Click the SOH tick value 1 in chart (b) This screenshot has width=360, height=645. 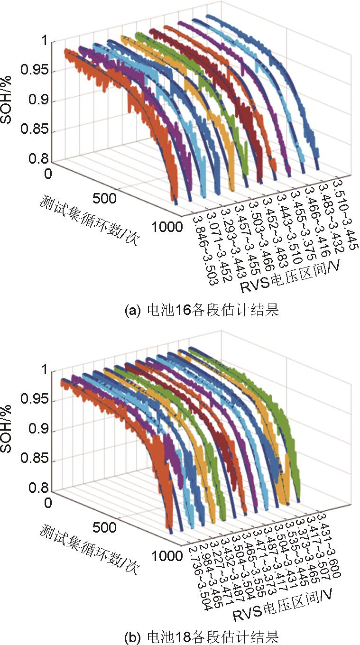tap(44, 370)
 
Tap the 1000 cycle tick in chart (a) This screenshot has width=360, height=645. tap(167, 226)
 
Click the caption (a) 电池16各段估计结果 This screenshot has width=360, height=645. tap(201, 311)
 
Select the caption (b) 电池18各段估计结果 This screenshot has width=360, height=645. tap(201, 635)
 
